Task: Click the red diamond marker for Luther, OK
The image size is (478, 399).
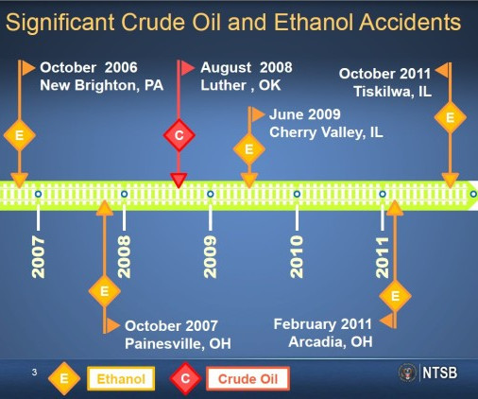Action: pyautogui.click(x=179, y=135)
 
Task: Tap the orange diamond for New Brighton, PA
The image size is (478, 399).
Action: pyautogui.click(x=20, y=135)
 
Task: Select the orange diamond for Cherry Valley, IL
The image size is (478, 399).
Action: pyautogui.click(x=249, y=149)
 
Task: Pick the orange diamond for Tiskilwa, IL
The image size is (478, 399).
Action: pyautogui.click(x=450, y=117)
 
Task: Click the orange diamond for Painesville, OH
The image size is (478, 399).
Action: pyautogui.click(x=105, y=291)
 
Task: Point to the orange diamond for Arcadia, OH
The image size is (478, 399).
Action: pyautogui.click(x=395, y=296)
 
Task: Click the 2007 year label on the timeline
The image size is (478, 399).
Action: pyautogui.click(x=39, y=257)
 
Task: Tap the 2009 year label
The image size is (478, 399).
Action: pyautogui.click(x=211, y=257)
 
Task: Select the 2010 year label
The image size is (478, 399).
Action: pyautogui.click(x=297, y=257)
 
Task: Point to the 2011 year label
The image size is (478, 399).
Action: pyautogui.click(x=383, y=257)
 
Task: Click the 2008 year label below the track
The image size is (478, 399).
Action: pyautogui.click(x=124, y=257)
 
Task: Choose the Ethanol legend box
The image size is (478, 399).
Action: pyautogui.click(x=121, y=378)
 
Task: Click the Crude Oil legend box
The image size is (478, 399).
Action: pyautogui.click(x=248, y=378)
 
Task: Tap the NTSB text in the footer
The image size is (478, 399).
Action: pyautogui.click(x=439, y=373)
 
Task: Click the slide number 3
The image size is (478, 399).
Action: pyautogui.click(x=34, y=373)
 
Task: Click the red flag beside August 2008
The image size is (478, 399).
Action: pyautogui.click(x=188, y=68)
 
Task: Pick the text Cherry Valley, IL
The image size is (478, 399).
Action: pyautogui.click(x=326, y=132)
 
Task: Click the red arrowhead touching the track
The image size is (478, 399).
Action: pyautogui.click(x=179, y=181)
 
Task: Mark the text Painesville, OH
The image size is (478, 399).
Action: pyautogui.click(x=178, y=343)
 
